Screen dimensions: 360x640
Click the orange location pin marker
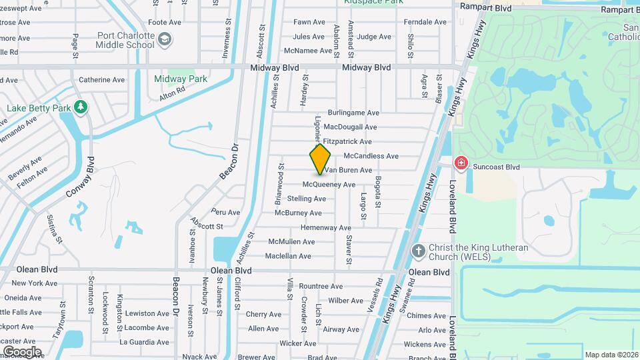tap(321, 159)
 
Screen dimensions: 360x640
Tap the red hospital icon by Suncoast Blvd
tap(461, 163)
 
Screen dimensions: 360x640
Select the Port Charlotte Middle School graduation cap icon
tap(164, 43)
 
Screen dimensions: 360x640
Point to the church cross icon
tap(418, 252)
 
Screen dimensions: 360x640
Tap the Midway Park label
tap(181, 79)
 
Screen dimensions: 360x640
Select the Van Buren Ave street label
tap(348, 171)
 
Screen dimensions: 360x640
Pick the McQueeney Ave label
tap(329, 185)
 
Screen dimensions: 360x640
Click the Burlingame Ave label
tap(353, 113)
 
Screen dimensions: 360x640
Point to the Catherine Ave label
tap(102, 80)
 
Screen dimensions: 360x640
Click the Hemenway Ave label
tap(326, 228)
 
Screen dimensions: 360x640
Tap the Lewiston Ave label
tap(147, 313)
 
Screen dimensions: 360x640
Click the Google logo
tap(22, 351)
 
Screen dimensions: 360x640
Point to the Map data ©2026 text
tap(611, 355)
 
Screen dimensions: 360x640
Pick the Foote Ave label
tap(165, 22)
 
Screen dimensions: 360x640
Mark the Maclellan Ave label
tap(288, 256)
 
